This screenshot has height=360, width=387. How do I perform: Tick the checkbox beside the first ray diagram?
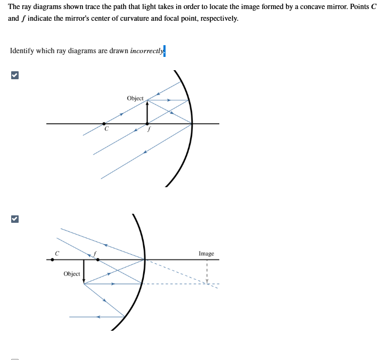click(15, 76)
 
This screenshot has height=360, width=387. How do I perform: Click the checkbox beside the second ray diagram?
click(15, 219)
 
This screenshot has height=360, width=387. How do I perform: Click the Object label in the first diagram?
click(135, 98)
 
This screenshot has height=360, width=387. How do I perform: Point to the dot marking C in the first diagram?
click(104, 123)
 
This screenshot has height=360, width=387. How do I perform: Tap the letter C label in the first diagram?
click(106, 129)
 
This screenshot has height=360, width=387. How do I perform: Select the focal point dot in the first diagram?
click(147, 123)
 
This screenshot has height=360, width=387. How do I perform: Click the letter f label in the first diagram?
click(150, 129)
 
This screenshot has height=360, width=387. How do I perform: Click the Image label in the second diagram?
click(206, 254)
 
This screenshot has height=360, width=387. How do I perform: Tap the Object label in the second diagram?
click(72, 274)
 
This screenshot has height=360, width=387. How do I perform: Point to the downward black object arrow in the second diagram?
click(84, 271)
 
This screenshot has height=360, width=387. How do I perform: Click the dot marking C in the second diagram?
click(52, 259)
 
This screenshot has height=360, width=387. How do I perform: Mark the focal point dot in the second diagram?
click(97, 259)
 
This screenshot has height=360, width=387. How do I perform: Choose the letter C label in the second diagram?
click(56, 253)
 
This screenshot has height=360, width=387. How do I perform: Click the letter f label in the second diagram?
click(95, 253)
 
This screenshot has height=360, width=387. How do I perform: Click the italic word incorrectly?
click(146, 51)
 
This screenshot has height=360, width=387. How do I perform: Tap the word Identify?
click(22, 51)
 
